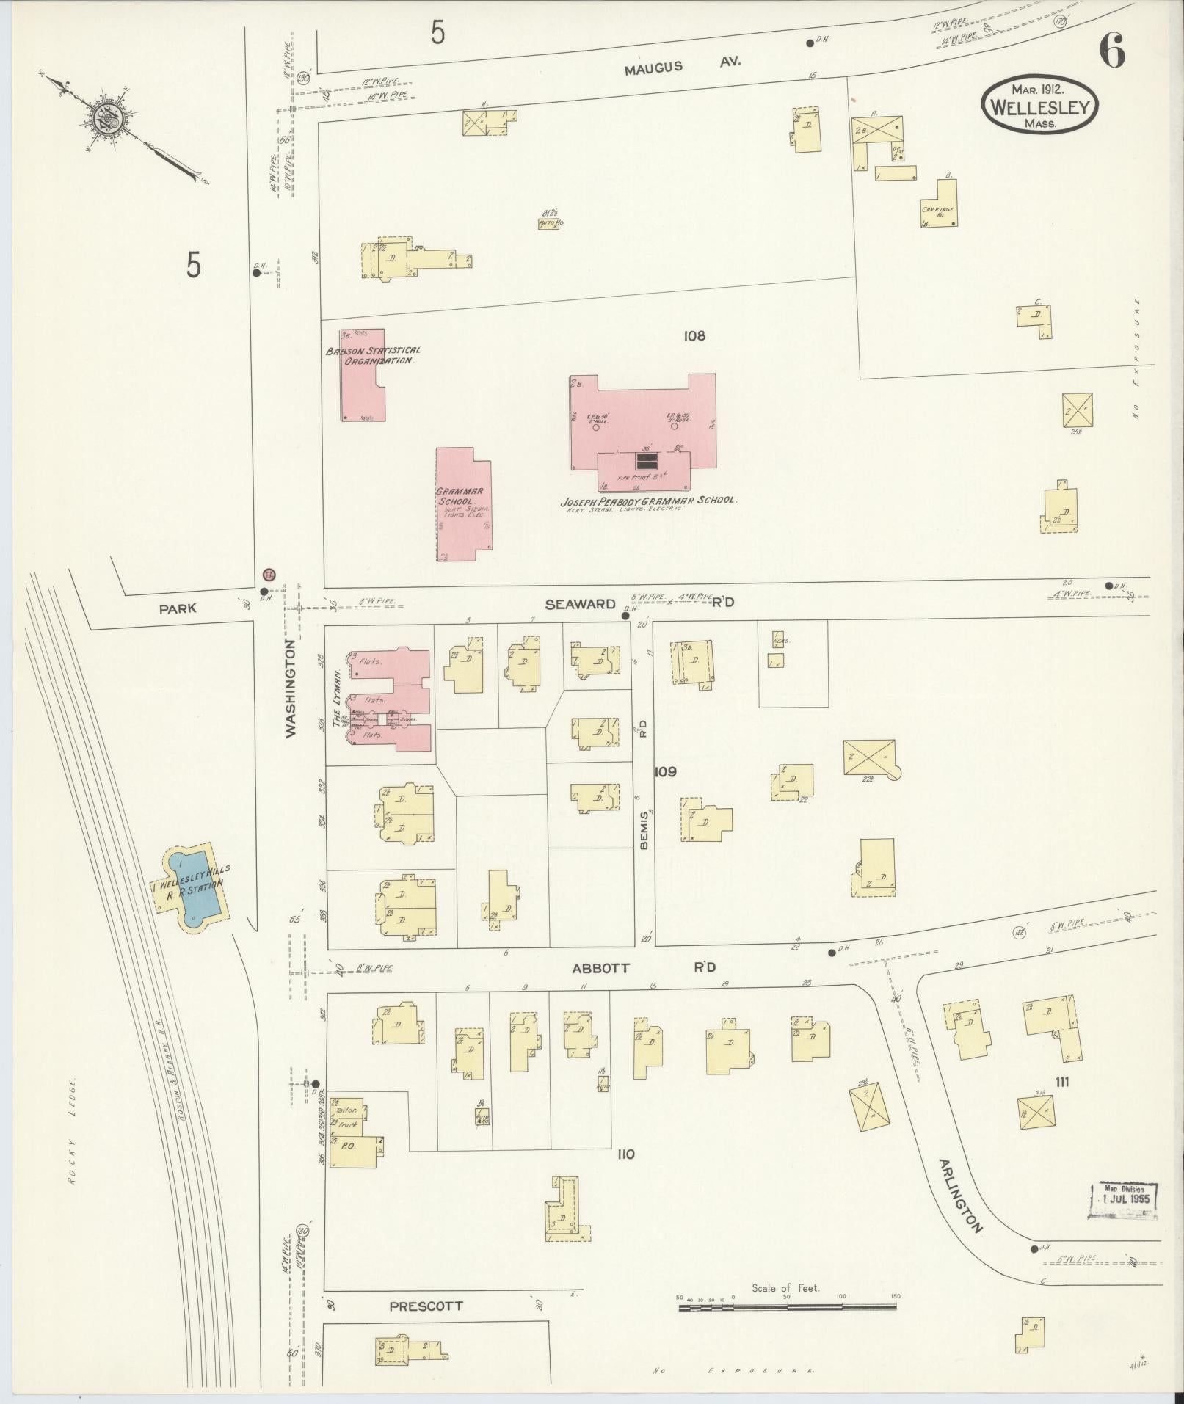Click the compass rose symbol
[105, 120]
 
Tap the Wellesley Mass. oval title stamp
[1041, 106]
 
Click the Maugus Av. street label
[682, 66]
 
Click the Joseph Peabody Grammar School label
[647, 501]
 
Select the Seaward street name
[580, 603]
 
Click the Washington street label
[291, 688]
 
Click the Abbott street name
[600, 968]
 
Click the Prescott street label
[426, 1306]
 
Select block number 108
[694, 336]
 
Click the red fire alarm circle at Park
[269, 574]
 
